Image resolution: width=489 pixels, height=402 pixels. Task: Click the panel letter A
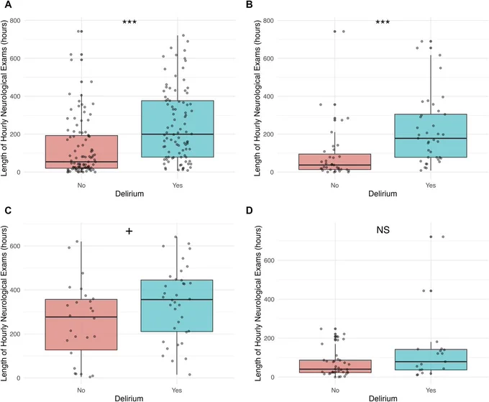[x=9, y=5]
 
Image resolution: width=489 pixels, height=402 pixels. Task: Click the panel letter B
[x=250, y=5]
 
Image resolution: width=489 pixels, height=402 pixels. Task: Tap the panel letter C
[x=8, y=210]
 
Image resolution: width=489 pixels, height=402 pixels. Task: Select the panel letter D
[x=250, y=210]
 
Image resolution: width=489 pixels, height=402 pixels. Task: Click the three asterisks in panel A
[x=129, y=22]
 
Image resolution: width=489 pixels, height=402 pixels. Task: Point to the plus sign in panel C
[x=129, y=231]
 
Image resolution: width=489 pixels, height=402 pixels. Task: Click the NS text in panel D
[x=383, y=230]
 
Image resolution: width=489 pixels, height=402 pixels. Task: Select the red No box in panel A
[x=81, y=152]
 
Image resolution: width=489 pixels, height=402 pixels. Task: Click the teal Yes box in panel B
[x=431, y=136]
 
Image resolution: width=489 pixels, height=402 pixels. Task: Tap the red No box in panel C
[x=81, y=324]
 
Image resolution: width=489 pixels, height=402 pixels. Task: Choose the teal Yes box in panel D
[x=431, y=360]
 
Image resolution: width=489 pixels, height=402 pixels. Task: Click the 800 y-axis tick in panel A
[x=15, y=21]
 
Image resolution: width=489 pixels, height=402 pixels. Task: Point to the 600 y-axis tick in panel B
[x=268, y=59]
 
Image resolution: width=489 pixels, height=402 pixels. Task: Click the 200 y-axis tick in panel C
[x=15, y=334]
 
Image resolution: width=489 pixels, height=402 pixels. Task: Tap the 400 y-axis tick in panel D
[x=268, y=299]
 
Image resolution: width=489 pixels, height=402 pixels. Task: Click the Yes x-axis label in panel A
[x=178, y=186]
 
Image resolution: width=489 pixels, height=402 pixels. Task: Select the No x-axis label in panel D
[x=335, y=390]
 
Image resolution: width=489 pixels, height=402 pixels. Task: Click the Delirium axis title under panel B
[x=383, y=193]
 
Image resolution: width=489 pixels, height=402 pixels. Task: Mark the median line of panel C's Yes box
[x=177, y=299]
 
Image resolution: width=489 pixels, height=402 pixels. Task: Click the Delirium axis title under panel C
[x=129, y=398]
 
